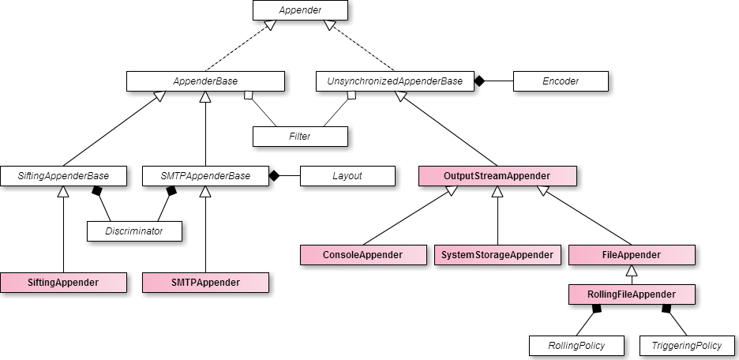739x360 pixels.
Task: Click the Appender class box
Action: point(300,10)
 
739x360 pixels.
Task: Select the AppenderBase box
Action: point(205,81)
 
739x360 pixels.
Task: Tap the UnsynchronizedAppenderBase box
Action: point(395,81)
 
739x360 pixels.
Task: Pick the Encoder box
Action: point(561,81)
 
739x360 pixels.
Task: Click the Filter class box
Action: point(300,137)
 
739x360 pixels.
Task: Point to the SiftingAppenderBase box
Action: point(63,176)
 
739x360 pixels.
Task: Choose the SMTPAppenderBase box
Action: point(205,176)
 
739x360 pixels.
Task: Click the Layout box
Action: point(347,176)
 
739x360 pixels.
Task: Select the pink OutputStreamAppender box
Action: point(497,176)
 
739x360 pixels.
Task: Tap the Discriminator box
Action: point(134,231)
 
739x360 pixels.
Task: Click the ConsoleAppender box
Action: point(363,255)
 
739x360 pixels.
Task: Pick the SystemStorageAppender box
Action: point(497,255)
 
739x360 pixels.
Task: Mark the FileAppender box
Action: point(632,255)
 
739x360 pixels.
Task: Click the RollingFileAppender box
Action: point(632,294)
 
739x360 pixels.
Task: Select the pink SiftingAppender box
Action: point(63,283)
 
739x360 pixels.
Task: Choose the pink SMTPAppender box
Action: point(205,283)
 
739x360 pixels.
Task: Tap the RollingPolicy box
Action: point(576,346)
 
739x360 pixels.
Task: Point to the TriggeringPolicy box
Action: point(687,346)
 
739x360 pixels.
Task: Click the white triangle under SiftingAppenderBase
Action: point(63,192)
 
